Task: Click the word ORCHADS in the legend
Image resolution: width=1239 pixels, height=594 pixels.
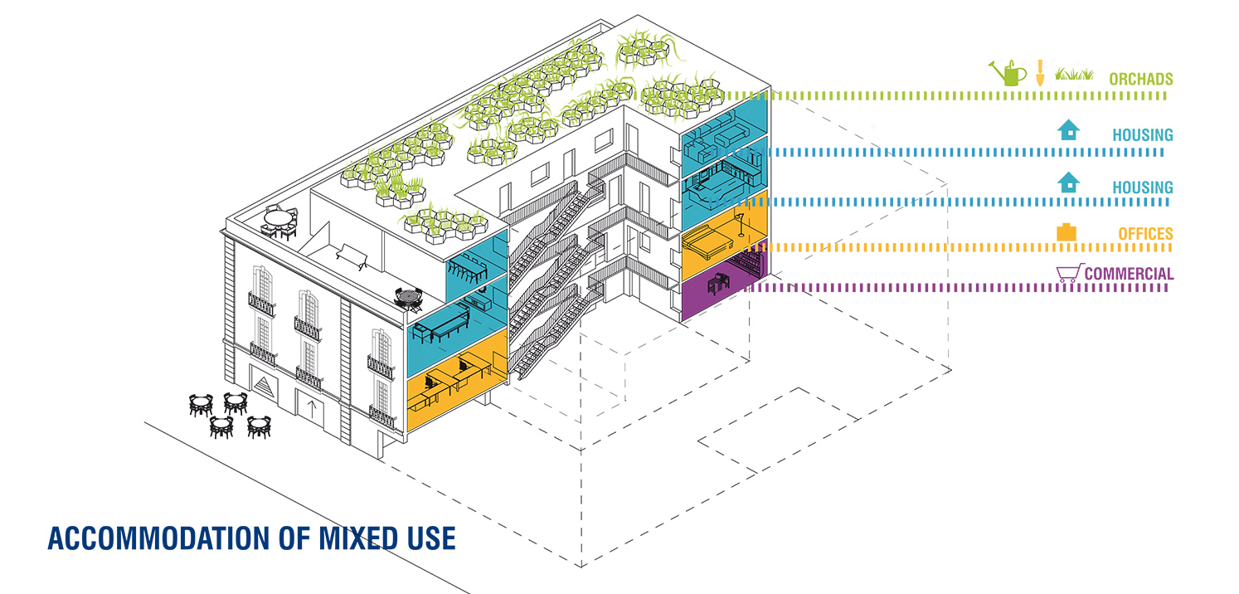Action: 1140,79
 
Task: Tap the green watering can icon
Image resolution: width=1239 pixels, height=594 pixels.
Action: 1008,73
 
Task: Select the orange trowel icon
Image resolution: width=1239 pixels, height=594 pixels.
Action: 1040,72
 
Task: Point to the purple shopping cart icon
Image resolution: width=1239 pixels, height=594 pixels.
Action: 1070,273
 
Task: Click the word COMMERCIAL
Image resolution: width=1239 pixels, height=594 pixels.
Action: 1129,274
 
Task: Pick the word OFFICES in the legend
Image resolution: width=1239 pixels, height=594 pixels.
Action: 1145,234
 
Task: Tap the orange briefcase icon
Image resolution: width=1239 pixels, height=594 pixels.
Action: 1067,231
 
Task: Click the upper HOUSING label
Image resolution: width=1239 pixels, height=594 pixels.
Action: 1143,135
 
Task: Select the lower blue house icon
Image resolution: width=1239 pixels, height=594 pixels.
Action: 1069,182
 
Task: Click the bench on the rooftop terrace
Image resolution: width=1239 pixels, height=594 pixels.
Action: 352,256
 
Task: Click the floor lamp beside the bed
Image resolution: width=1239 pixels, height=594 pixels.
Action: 740,223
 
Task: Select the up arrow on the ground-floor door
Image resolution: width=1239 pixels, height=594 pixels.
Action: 312,409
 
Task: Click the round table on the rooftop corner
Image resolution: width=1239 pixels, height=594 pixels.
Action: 279,222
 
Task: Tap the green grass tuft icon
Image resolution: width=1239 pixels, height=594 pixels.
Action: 1074,74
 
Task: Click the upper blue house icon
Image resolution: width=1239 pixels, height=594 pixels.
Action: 1069,130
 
